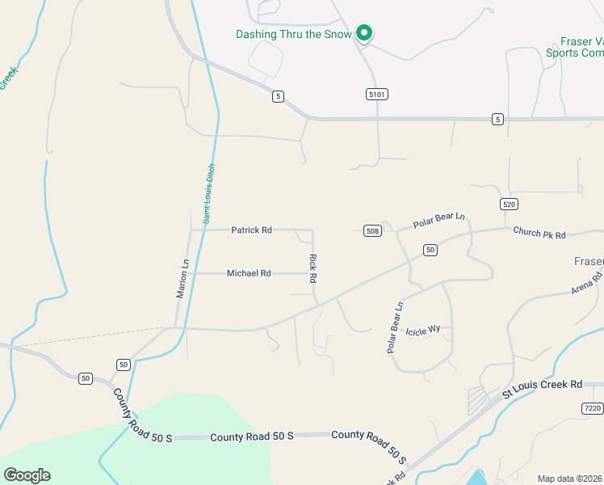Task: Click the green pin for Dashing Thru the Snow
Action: pos(364,33)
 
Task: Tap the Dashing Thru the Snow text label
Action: pos(293,35)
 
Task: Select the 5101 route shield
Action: pos(377,95)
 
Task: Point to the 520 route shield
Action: pos(508,204)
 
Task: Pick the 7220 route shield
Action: pos(592,409)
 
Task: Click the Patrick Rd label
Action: pos(251,230)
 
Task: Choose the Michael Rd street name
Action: pos(249,273)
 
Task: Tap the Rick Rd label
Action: pos(312,268)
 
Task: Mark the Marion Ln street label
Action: pos(183,278)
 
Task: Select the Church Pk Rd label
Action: pos(539,234)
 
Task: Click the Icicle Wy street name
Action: pos(422,331)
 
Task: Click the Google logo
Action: pos(27,475)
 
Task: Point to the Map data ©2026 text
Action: pos(570,479)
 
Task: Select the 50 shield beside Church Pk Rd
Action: pos(430,250)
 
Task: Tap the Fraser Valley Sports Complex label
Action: pos(581,47)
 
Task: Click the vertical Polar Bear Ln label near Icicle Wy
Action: pos(394,328)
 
